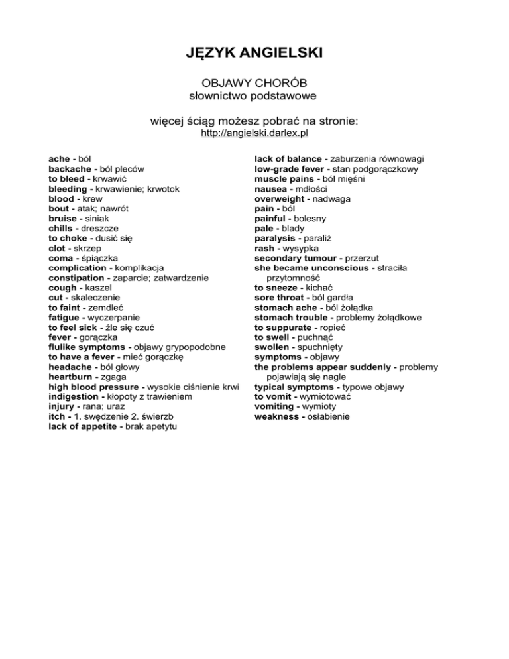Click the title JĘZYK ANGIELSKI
254,50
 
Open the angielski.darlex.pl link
254,133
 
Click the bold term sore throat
282,298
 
